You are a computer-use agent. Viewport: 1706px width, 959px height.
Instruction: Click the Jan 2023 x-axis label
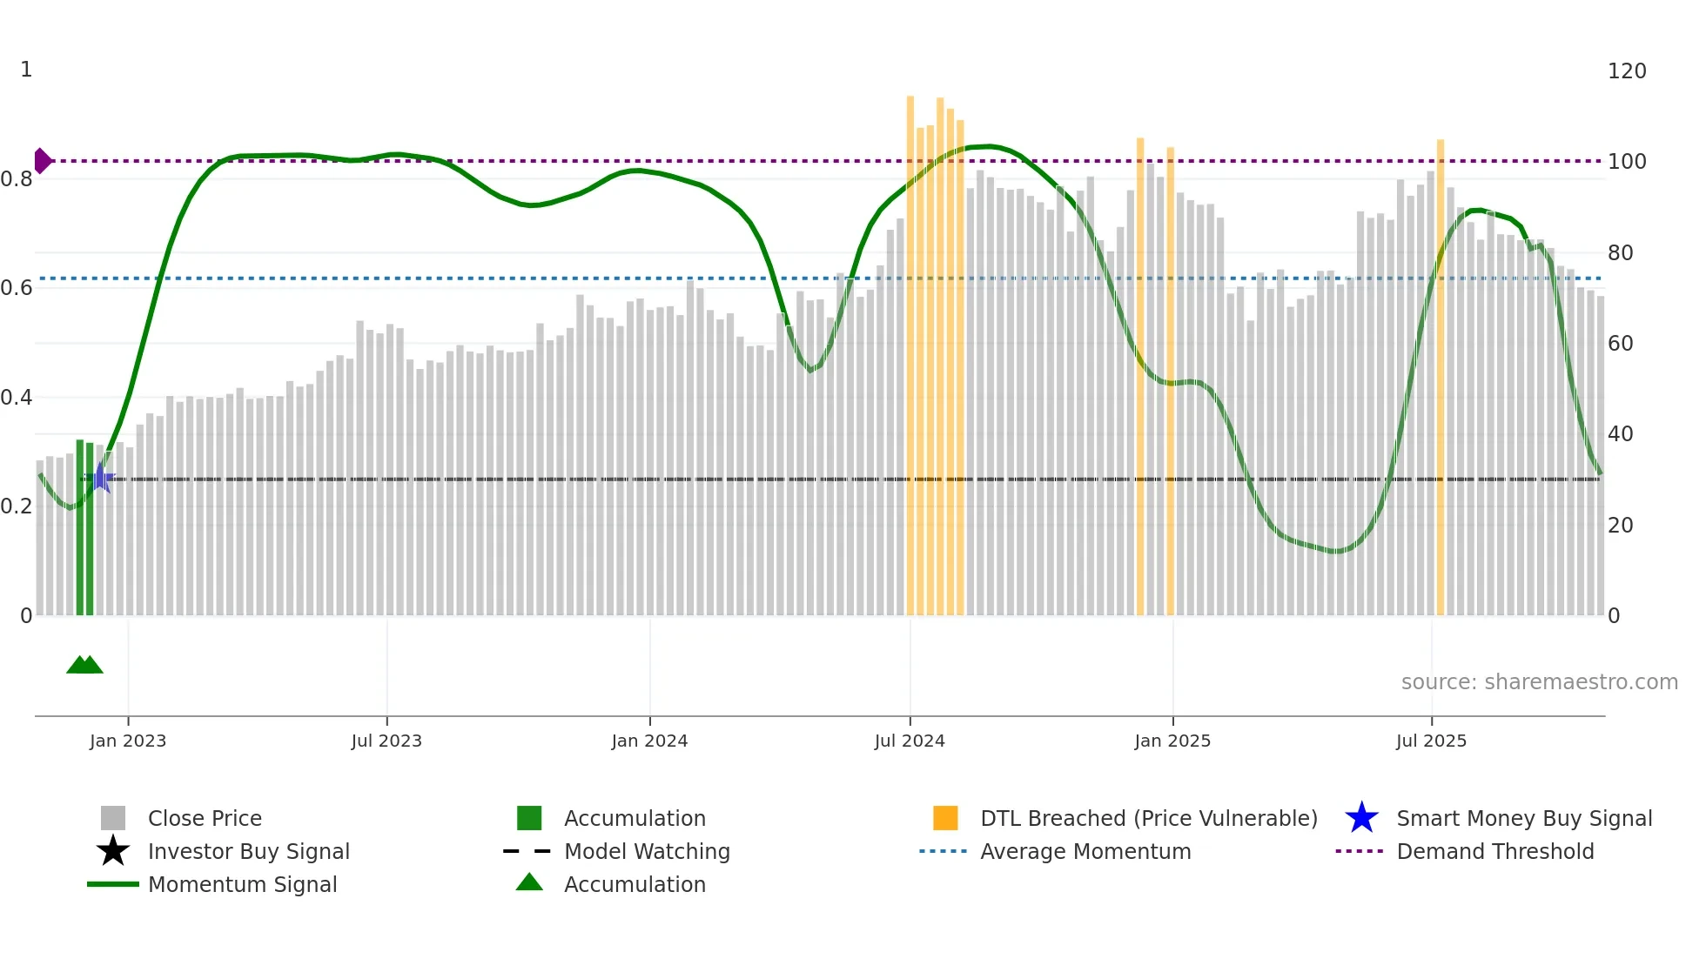127,741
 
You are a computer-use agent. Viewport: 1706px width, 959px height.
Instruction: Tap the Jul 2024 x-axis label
909,741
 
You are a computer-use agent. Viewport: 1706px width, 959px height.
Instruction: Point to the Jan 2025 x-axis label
1172,741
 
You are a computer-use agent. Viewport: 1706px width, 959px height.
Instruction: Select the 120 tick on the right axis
1626,71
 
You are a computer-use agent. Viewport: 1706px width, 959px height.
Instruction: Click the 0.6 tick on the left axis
17,288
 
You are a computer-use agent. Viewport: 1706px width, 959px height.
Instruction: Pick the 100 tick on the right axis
1626,162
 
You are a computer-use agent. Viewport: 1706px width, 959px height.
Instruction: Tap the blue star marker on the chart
101,478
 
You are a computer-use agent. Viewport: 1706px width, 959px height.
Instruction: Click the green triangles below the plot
84,665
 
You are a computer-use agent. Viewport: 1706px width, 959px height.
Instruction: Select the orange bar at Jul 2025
1440,374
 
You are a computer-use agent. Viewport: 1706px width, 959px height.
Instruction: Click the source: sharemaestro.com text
1539,682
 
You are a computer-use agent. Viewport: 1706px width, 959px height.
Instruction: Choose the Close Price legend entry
205,818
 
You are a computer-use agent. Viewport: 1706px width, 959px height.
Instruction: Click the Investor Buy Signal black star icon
113,851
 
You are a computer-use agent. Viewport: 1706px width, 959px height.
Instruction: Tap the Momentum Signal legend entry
242,884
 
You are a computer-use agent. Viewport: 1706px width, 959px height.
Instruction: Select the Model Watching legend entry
646,851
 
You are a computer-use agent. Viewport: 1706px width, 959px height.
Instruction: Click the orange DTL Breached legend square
944,818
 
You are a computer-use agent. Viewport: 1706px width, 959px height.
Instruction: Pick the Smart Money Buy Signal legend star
1361,818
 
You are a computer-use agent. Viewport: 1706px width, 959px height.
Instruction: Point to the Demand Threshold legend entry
1494,851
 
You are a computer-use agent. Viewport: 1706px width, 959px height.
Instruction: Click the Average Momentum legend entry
1085,851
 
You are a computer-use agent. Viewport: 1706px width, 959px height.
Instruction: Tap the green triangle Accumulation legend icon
529,882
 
